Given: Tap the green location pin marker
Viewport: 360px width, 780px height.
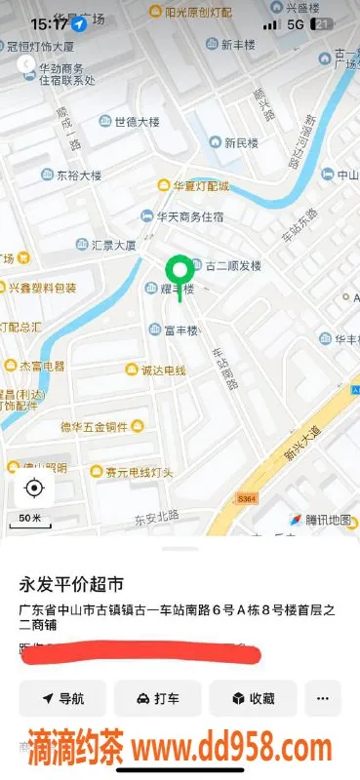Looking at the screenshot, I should [179, 269].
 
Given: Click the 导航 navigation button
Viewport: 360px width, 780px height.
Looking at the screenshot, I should [61, 698].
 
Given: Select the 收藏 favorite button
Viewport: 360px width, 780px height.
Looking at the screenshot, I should [253, 698].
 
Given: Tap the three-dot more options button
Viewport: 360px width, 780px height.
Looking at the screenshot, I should [323, 698].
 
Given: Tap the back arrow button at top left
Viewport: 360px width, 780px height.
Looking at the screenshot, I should [25, 64].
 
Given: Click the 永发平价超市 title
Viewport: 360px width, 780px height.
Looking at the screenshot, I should [72, 585].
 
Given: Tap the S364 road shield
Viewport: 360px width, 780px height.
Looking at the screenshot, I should [247, 498].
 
